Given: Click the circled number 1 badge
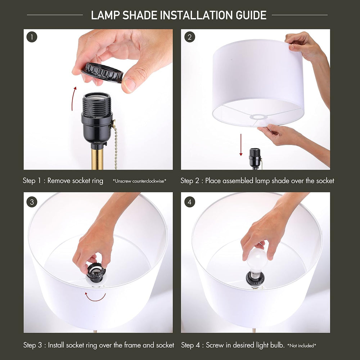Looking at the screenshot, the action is (x=32, y=37).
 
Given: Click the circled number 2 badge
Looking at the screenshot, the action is (x=189, y=37).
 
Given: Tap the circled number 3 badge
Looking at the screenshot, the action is (x=32, y=202).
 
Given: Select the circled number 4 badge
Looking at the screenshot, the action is (x=189, y=202).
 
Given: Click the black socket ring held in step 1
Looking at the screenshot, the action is (x=102, y=72).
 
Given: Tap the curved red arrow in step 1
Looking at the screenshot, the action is (x=73, y=99).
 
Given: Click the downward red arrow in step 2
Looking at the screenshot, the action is (x=241, y=145).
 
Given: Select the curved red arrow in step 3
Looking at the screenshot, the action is (x=95, y=298).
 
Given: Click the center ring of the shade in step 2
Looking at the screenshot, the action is (x=258, y=117).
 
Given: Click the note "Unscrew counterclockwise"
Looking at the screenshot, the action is (x=140, y=181).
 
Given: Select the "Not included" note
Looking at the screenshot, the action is (x=302, y=346).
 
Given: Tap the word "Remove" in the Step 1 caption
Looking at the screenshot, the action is (x=59, y=181).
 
